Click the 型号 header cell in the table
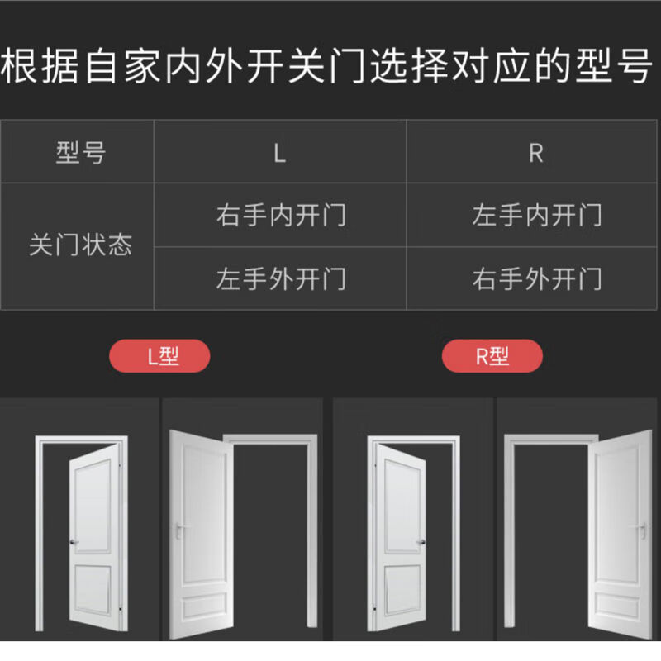click(x=81, y=153)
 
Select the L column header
click(x=279, y=153)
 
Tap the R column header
click(x=535, y=153)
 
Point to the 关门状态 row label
click(x=81, y=246)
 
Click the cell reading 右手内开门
click(x=281, y=216)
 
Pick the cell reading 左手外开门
click(x=281, y=278)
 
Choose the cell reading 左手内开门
click(x=536, y=216)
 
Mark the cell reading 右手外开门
click(x=536, y=278)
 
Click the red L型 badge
click(x=160, y=357)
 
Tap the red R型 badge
click(x=492, y=357)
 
